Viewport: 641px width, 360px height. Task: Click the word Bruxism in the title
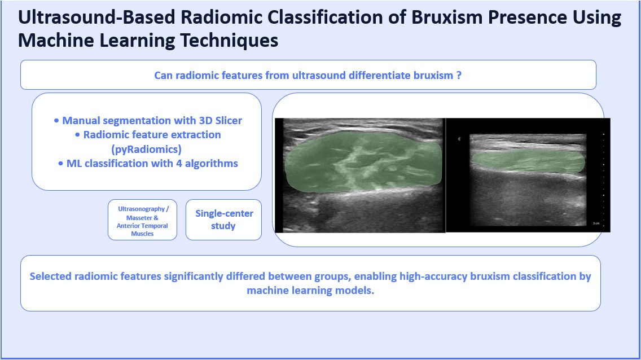coord(447,17)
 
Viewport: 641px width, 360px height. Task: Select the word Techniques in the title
coord(229,41)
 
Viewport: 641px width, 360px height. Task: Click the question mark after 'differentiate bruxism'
coord(459,75)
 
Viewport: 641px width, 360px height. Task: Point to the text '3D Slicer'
coord(220,121)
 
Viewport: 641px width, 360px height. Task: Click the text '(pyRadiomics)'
coord(146,149)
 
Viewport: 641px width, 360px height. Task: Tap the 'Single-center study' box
coord(223,219)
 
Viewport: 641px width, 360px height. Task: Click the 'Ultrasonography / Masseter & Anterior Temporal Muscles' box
coord(142,219)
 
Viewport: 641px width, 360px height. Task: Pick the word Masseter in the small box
coord(139,218)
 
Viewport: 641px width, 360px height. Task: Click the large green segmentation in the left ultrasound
coord(363,162)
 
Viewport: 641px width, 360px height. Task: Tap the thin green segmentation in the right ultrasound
coord(528,162)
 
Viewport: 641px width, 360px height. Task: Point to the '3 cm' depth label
coord(596,223)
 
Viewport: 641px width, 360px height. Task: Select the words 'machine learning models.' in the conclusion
coord(310,291)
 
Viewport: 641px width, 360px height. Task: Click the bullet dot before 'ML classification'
coord(61,164)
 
